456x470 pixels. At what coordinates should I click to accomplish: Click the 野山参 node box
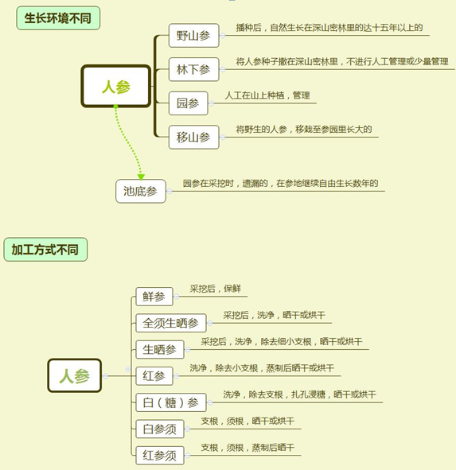tap(194, 36)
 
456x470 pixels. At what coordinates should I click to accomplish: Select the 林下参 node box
tap(194, 69)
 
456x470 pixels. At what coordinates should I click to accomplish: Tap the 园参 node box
tap(188, 103)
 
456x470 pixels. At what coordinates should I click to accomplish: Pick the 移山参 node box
tap(194, 138)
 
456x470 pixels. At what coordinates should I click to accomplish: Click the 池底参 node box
tap(141, 191)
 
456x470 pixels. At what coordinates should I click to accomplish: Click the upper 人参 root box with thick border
tap(116, 87)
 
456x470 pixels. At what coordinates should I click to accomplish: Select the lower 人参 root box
tap(74, 375)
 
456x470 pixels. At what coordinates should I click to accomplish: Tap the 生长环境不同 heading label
tap(58, 18)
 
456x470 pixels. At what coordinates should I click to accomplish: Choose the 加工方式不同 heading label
tap(45, 250)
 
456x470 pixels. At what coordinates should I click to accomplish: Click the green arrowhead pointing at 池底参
tap(141, 177)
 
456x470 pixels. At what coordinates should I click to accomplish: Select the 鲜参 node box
tap(154, 297)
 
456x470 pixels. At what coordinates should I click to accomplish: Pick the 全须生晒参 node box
tap(171, 323)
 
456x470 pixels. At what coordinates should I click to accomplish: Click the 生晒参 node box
tap(160, 349)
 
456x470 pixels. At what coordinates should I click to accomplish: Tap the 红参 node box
tap(154, 376)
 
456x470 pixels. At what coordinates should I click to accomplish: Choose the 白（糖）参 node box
tap(171, 402)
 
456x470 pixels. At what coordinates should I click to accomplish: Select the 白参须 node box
tap(160, 429)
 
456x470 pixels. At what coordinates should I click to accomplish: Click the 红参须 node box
tap(160, 456)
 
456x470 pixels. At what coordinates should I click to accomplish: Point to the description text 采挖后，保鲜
tap(216, 289)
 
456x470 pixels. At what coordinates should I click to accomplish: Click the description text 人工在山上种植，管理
tap(267, 95)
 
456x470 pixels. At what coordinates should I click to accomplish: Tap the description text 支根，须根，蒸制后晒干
tap(247, 448)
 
